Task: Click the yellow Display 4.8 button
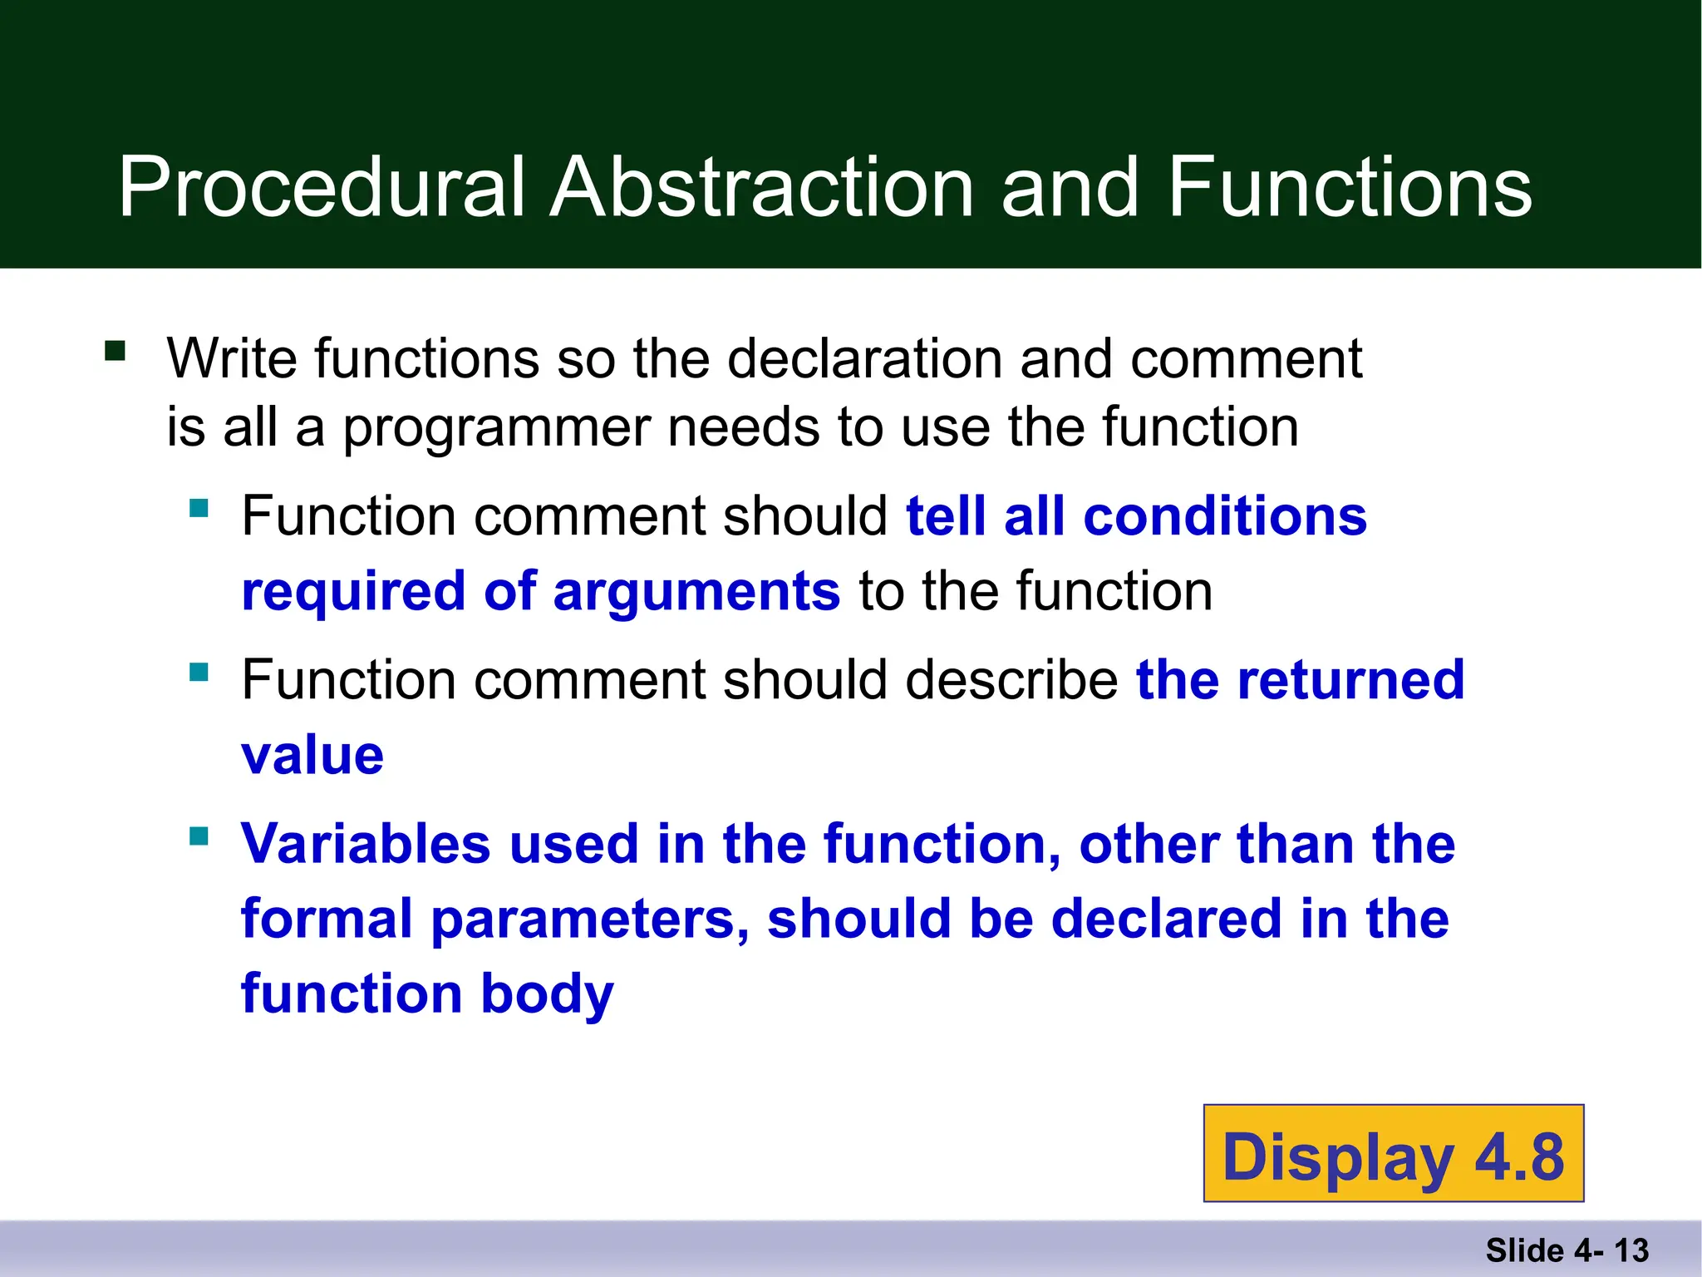1394,1154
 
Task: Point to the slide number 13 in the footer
1631,1250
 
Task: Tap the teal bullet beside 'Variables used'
199,836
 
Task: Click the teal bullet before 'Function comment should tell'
199,507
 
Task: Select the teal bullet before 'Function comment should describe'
199,671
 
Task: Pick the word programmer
495,427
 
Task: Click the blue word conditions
1225,516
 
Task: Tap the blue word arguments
696,591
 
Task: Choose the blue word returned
1350,680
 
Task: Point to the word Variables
366,844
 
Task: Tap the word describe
1011,680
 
